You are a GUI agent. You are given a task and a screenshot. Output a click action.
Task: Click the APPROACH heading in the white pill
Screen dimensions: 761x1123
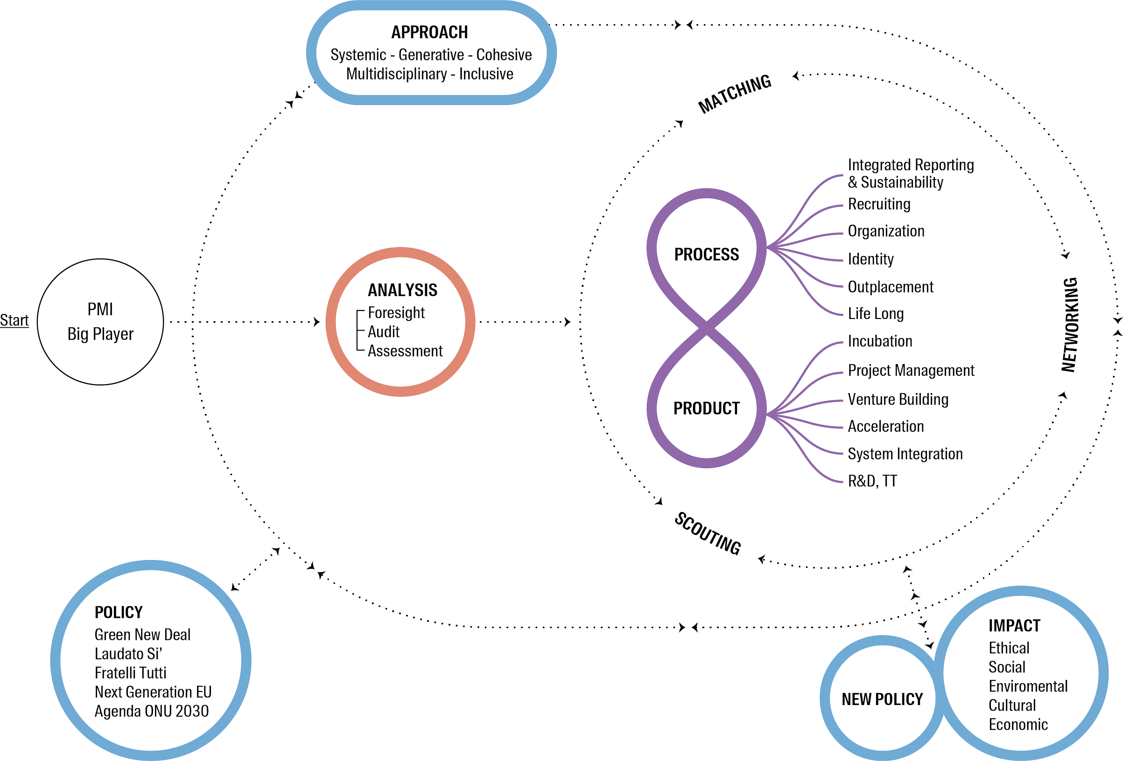coord(429,32)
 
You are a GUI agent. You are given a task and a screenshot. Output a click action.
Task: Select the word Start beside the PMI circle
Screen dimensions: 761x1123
coord(14,320)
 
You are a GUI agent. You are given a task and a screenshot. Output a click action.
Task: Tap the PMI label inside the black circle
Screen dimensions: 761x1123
coord(100,310)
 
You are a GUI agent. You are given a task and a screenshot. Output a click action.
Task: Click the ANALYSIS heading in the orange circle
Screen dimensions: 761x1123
coord(402,290)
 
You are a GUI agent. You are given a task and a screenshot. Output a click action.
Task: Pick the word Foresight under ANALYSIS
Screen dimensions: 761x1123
coord(396,313)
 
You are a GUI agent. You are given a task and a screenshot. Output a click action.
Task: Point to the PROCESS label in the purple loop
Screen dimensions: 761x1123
coord(707,255)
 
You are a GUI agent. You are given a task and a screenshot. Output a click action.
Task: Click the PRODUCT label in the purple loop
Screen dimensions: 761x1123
coord(707,408)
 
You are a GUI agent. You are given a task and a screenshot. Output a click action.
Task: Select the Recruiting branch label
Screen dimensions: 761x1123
coord(879,204)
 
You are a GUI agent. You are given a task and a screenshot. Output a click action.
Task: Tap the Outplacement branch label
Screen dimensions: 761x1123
coord(891,287)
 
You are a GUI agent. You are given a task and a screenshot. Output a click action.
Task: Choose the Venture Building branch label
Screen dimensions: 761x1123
coord(898,399)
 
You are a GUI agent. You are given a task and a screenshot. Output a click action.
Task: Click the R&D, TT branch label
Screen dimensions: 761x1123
coord(872,481)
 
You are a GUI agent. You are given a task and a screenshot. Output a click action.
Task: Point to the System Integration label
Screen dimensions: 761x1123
coord(905,454)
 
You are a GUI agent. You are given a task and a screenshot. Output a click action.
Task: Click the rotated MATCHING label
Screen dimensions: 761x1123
coord(735,94)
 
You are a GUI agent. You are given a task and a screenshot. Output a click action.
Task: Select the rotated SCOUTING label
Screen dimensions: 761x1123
coord(708,533)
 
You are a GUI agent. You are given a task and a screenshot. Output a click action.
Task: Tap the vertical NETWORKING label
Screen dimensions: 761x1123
coord(1069,325)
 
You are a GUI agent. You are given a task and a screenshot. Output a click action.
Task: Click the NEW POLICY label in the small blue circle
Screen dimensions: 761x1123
coord(882,699)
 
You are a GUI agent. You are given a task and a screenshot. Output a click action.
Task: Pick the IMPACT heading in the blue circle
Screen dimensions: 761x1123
coord(1014,626)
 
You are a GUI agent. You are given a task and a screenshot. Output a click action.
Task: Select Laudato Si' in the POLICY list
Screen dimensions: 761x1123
coord(128,653)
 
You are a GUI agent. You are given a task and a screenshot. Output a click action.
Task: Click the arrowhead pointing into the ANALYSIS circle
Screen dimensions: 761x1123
coord(317,322)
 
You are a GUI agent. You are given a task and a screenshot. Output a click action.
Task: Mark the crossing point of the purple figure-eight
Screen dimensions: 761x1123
coord(707,328)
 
